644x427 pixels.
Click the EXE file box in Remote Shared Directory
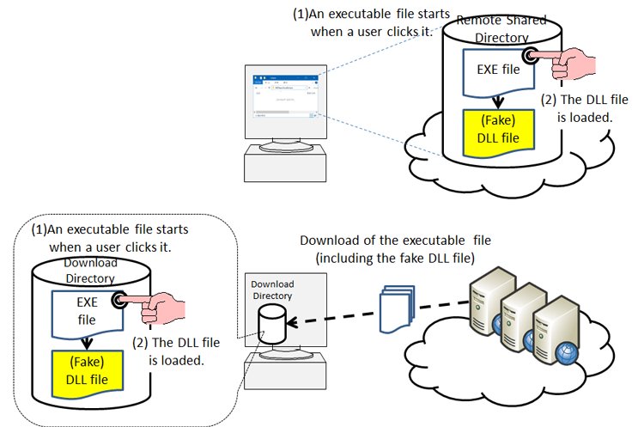[493, 69]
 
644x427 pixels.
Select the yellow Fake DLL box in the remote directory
[493, 129]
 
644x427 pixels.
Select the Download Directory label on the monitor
[271, 290]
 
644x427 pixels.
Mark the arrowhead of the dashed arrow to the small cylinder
[294, 323]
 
